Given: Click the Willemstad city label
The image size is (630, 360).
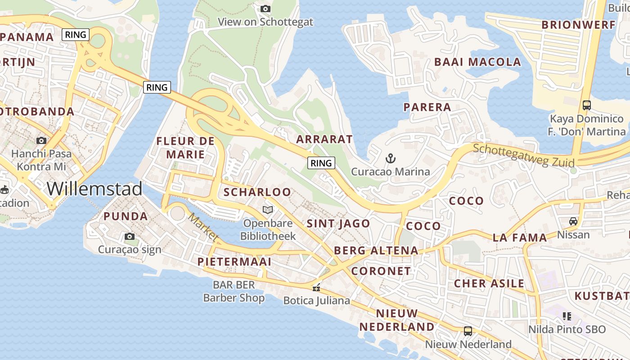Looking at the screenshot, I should (x=94, y=189).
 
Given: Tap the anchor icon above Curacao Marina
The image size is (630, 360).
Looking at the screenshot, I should (x=391, y=158).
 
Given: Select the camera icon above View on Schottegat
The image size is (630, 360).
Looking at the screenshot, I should (x=265, y=9).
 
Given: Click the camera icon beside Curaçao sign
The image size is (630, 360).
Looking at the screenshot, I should (x=130, y=236).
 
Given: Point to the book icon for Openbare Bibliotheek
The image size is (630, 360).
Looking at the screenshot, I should (x=268, y=210).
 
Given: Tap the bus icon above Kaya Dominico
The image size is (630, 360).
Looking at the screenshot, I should (x=586, y=105).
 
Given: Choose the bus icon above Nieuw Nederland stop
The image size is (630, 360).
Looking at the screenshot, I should (x=468, y=331).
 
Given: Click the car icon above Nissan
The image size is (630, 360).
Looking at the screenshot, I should (x=573, y=221).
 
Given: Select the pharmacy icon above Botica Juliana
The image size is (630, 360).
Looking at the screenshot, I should (x=317, y=287).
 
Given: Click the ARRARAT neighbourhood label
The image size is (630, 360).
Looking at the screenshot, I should (x=324, y=139).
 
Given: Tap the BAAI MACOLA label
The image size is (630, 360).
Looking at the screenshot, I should (x=477, y=62).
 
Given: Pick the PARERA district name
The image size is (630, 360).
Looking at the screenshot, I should (x=427, y=107).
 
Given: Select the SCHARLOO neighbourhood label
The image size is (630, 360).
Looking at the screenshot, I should (x=257, y=192).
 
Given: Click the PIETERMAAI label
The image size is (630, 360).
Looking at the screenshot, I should (x=234, y=261).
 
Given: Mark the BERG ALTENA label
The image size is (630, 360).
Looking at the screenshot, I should (x=376, y=251).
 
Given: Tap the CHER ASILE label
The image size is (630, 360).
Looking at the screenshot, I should (x=489, y=283).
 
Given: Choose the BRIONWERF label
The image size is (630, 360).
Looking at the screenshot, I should (x=578, y=25).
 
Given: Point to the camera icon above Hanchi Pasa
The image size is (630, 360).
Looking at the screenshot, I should (x=41, y=140).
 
